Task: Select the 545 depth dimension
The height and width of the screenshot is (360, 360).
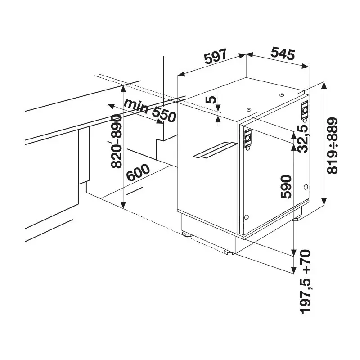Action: point(282,54)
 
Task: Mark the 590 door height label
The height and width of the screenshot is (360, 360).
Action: point(286,187)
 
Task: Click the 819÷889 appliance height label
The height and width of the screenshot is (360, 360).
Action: point(333,146)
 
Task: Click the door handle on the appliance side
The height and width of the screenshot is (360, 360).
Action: point(215,150)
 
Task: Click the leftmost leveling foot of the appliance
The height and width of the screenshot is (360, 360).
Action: point(186,234)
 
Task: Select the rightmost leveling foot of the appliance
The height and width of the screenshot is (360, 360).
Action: point(299,219)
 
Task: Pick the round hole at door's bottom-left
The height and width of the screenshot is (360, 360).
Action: point(246,217)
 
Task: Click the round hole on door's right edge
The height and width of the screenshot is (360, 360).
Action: point(306,187)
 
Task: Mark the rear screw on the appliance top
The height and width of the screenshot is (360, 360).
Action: point(281,95)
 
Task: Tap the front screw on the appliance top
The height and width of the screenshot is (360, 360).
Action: point(248,109)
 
